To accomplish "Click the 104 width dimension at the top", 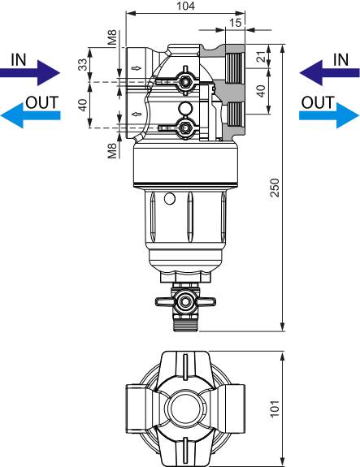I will tap(185, 6).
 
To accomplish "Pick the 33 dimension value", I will tap(82, 66).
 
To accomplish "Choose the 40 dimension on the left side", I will tap(82, 105).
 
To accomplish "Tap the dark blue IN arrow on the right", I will tap(329, 73).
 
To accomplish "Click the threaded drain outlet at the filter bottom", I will tap(185, 325).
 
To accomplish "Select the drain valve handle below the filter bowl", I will tap(165, 302).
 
